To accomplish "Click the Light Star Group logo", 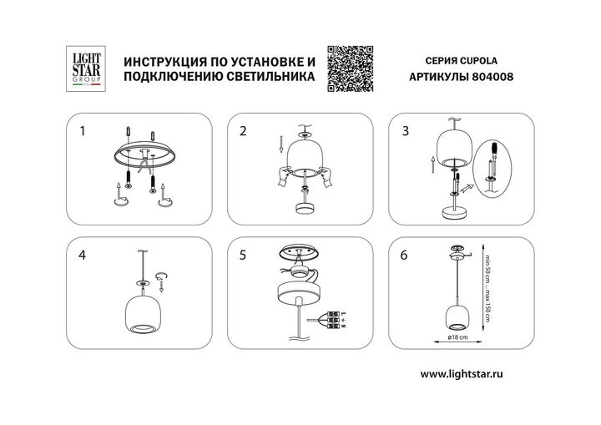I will coord(83,68).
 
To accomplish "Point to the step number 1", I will coord(82,131).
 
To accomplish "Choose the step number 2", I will coord(243,131).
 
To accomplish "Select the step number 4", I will coord(82,256).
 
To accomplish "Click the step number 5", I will coord(243,256).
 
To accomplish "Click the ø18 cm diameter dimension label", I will coord(457,336).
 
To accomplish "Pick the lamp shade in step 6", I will coord(457,314).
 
